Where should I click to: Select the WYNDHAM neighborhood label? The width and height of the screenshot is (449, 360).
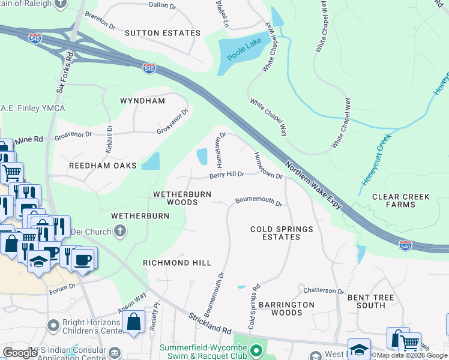(x=142, y=101)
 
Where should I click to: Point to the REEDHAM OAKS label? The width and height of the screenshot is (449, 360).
(x=103, y=165)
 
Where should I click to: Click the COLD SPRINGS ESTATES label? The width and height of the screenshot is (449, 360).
(x=282, y=233)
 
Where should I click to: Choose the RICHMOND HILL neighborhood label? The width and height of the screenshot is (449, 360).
(x=176, y=263)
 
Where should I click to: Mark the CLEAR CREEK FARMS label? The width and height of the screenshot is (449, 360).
(x=402, y=200)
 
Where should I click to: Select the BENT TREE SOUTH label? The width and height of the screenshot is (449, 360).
(x=366, y=301)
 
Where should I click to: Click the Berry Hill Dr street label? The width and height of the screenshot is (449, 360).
(x=226, y=175)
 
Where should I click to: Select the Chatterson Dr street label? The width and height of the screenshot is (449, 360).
(x=324, y=291)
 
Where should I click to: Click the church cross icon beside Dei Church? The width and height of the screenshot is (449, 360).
(x=120, y=231)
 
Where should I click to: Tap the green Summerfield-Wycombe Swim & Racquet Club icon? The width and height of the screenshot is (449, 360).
(x=257, y=349)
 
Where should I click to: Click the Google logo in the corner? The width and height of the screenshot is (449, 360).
(x=20, y=353)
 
